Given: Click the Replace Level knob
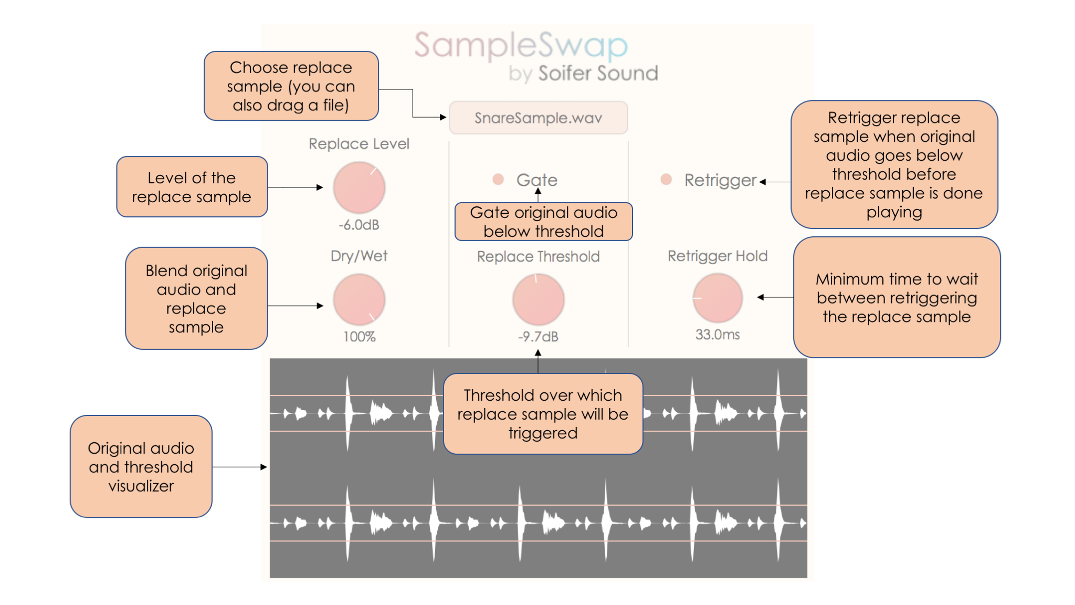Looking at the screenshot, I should pos(359,187).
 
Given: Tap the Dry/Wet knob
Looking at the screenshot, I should pos(359,300).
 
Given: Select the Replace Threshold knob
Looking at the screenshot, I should pos(538,300).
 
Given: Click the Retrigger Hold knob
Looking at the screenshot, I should pos(717,298).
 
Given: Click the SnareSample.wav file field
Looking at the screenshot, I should pos(538,118).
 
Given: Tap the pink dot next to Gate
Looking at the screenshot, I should pos(498,180).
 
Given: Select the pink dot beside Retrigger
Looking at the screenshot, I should pos(666,180).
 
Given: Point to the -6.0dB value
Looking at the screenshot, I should pos(359,225).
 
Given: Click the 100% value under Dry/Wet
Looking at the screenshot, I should pos(359,337).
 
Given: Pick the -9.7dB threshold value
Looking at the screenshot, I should pos(538,337).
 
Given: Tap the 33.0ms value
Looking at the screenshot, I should pos(717,335).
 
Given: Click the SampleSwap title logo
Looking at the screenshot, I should pos(521,46).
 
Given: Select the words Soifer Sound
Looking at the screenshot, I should pos(598,74).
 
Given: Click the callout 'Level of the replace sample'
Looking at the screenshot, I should pos(192,187).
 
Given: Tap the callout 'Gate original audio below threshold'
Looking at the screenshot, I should pos(543,222).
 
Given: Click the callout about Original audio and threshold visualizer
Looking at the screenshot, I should pos(141,466).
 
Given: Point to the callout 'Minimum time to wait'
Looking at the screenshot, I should pos(897,297).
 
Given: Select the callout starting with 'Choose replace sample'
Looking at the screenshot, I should pos(291,86).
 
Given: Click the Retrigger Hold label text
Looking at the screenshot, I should pos(717,256).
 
